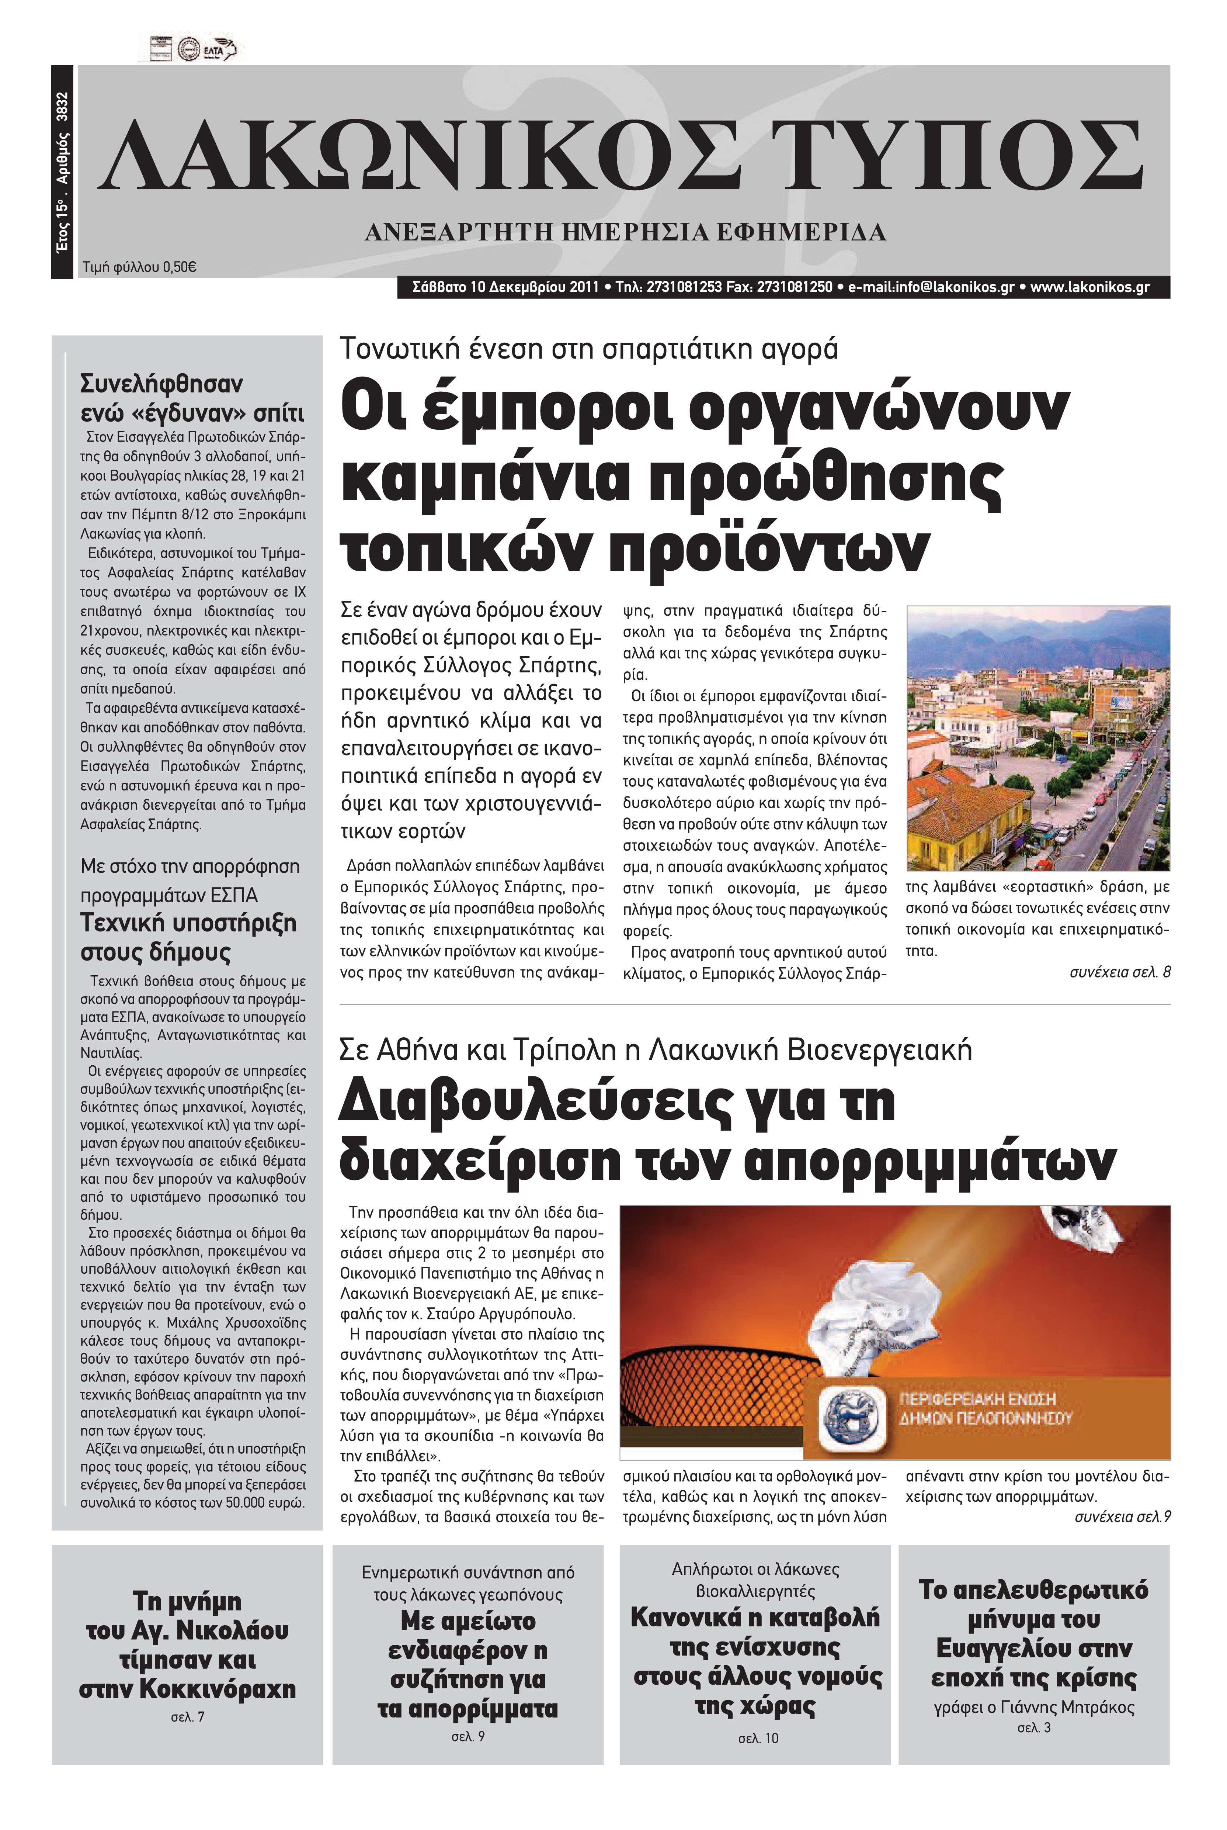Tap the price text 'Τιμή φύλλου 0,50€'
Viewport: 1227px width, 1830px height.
coord(139,267)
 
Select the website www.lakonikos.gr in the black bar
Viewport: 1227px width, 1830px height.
coord(1089,287)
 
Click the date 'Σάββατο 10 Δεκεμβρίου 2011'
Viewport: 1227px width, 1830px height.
coord(505,287)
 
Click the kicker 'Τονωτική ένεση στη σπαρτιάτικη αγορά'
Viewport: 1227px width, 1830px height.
coord(588,348)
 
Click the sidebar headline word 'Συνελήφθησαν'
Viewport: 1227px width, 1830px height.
coord(162,384)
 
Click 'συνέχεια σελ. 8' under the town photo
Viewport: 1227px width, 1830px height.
coord(1120,972)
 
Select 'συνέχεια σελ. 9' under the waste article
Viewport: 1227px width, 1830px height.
coord(1122,1517)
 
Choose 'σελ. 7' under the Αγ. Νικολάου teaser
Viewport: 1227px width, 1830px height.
coord(188,1716)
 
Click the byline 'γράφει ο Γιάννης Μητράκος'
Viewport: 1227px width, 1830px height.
coord(1034,1707)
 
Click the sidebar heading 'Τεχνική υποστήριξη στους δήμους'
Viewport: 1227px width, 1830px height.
coord(188,938)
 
